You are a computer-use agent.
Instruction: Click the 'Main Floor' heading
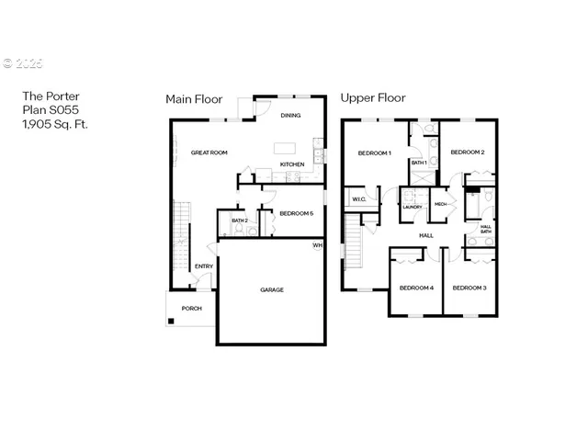click(194, 98)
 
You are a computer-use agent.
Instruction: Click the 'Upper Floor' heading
click(373, 97)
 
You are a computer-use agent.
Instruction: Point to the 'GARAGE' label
click(271, 289)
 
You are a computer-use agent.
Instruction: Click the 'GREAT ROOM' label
click(209, 153)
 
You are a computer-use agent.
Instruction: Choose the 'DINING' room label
click(291, 116)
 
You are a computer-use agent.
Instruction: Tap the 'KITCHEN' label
click(292, 164)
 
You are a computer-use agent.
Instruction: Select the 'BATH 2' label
click(239, 220)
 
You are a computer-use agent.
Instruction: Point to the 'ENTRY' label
click(204, 266)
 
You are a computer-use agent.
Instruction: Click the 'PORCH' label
click(191, 308)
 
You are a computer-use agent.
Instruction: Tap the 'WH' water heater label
click(317, 245)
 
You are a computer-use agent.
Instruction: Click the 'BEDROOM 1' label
click(375, 153)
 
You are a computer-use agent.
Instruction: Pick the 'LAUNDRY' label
click(413, 207)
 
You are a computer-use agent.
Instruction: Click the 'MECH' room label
click(440, 204)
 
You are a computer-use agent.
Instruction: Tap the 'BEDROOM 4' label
click(416, 288)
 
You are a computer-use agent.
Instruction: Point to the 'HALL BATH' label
click(485, 229)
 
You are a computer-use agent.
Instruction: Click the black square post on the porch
click(170, 321)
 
